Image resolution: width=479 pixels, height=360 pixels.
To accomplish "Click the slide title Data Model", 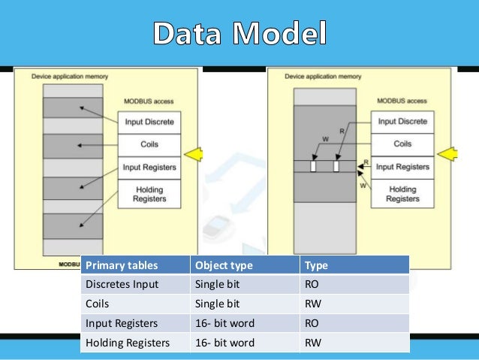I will click(239, 34).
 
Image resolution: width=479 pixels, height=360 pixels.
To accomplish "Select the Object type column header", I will click(224, 265).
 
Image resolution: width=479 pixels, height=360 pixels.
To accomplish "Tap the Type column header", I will click(316, 265).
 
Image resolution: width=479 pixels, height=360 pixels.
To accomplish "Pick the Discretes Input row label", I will click(122, 284).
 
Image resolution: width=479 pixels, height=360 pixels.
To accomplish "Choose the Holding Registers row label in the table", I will click(127, 343).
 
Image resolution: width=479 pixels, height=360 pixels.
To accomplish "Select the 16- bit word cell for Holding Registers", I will click(224, 343).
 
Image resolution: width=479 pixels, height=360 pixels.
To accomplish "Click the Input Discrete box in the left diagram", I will click(149, 122).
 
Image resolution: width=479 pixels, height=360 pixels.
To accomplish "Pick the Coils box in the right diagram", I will click(402, 144).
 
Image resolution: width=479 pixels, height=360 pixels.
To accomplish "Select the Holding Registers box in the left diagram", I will click(149, 195).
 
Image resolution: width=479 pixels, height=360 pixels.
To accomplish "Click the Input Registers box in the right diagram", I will click(402, 166).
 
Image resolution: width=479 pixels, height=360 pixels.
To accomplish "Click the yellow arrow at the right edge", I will click(448, 155).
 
